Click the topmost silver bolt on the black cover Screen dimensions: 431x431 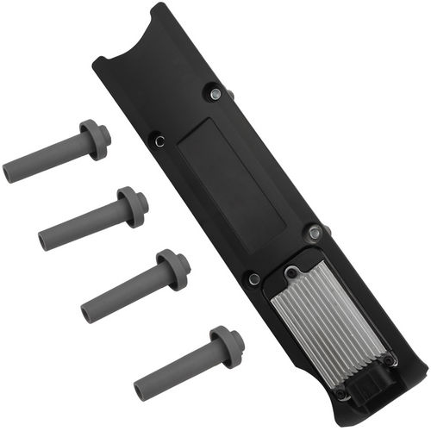pyautogui.click(x=214, y=94)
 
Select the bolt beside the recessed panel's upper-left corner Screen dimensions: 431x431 pyautogui.click(x=157, y=137)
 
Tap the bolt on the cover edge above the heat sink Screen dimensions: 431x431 pyautogui.click(x=315, y=232)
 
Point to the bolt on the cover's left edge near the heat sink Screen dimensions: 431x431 pyautogui.click(x=253, y=278)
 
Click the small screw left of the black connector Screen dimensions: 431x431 pyautogui.click(x=343, y=394)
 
